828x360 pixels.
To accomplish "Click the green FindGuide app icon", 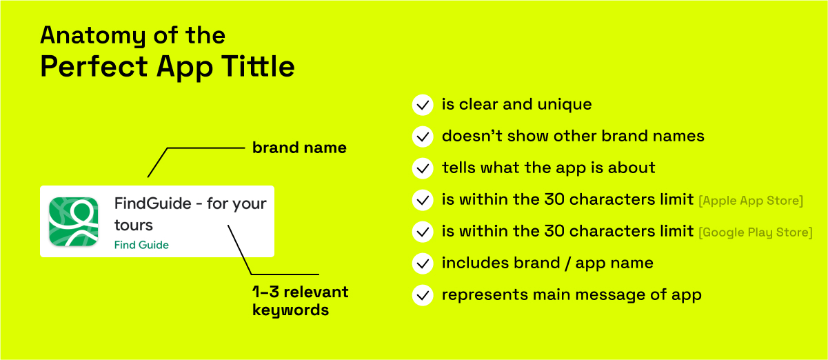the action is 74,221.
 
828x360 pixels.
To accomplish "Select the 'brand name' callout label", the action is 299,148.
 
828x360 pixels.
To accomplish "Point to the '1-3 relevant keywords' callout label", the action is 300,301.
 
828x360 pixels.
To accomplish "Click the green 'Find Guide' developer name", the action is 141,245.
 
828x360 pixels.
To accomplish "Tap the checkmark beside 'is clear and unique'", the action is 423,105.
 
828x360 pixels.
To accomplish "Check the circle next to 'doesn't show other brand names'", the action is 423,137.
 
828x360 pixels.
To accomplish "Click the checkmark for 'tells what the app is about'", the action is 423,168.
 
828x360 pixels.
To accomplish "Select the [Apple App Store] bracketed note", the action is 751,201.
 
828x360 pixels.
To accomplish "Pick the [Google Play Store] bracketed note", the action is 756,232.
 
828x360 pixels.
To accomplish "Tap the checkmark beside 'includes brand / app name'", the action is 423,263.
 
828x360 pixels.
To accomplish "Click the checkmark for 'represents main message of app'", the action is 423,295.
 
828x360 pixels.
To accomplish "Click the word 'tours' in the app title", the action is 134,225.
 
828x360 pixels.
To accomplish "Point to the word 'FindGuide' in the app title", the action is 152,203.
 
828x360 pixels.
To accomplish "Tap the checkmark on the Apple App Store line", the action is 423,200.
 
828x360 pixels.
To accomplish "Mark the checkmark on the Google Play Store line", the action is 423,232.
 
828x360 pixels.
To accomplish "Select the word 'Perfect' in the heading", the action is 94,66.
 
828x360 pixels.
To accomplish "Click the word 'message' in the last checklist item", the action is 609,295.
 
